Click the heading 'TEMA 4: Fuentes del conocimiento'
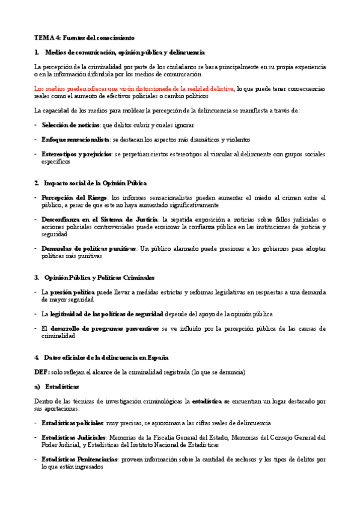pyautogui.click(x=85, y=38)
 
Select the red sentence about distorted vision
pyautogui.click(x=134, y=88)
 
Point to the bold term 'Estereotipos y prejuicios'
pyautogui.click(x=76, y=154)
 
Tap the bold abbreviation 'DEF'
pyautogui.click(x=41, y=372)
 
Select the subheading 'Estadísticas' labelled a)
pyautogui.click(x=66, y=386)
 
